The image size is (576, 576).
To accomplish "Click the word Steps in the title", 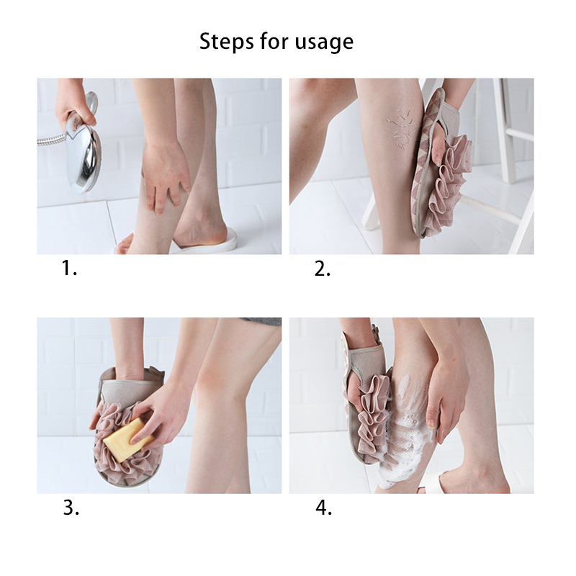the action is click(x=226, y=41).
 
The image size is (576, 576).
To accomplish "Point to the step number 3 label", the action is click(x=71, y=508).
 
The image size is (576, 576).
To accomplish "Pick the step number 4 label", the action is click(x=323, y=508).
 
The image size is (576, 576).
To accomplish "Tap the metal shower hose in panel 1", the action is click(x=51, y=140).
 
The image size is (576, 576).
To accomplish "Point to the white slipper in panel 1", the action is click(x=206, y=243).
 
